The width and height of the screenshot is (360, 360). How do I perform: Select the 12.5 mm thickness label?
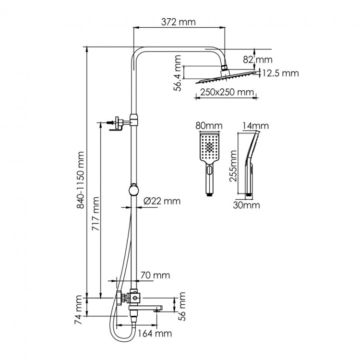coord(280,73)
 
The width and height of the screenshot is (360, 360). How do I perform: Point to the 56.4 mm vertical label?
coord(178,73)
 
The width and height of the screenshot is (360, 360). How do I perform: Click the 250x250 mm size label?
coord(224,92)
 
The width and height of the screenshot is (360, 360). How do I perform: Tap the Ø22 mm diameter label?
coord(162,201)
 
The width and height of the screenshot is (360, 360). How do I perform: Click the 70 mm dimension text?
coord(155,276)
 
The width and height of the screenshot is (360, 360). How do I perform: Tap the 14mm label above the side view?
coord(256,126)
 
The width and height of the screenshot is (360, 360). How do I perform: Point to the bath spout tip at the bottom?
coord(156,310)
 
